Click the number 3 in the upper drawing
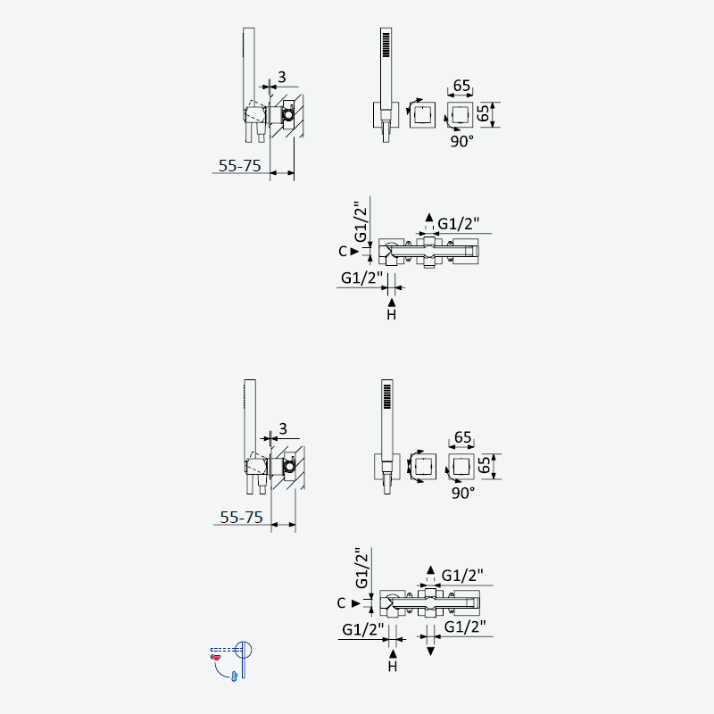pos(282,77)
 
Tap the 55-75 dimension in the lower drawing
pos(241,518)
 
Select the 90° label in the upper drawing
pos(461,141)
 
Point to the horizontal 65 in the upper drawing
pos(461,85)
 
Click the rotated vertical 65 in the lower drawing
pos(484,465)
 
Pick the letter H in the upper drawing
pos(392,315)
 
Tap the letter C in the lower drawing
pos(342,603)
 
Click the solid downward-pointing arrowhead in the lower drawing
pos(430,652)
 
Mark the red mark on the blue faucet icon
pos(215,657)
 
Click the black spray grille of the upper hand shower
pos(386,45)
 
